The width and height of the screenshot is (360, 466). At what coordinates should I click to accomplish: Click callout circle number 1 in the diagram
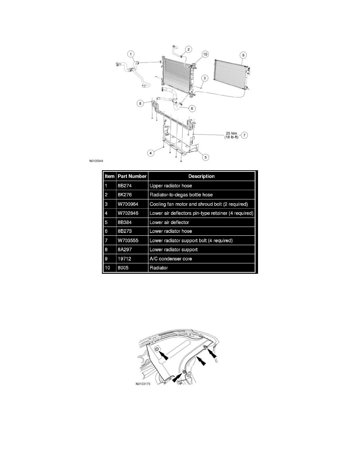point(131,54)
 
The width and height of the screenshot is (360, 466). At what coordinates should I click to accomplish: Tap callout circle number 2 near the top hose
point(188,49)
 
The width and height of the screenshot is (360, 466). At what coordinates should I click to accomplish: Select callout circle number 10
point(205,54)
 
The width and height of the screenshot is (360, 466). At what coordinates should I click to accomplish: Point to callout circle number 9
point(243,55)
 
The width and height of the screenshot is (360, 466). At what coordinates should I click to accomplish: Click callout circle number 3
point(205,78)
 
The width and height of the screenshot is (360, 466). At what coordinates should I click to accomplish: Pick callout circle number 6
point(192,109)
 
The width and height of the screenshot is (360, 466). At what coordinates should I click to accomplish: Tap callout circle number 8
point(140,104)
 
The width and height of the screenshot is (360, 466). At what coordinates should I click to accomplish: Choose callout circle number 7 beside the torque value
point(244,135)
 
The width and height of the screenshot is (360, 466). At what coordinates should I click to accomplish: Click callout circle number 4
point(151,153)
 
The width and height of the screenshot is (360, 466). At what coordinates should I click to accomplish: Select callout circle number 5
point(205,157)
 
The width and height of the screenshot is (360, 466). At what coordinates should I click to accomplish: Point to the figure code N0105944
point(96,161)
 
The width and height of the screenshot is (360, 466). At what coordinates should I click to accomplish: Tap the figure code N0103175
point(143,384)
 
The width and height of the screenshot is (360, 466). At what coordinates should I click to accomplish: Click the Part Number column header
point(132,176)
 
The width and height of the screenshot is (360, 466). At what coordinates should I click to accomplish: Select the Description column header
point(202,176)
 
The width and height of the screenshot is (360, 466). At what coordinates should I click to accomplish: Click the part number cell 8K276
point(125,195)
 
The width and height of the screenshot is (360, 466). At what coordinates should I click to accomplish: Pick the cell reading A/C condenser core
point(171,259)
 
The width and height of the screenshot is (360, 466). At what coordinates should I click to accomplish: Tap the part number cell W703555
point(128,240)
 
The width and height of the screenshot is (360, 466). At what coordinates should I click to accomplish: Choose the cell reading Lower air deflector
point(169,222)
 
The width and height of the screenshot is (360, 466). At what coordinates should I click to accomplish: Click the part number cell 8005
point(123,268)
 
